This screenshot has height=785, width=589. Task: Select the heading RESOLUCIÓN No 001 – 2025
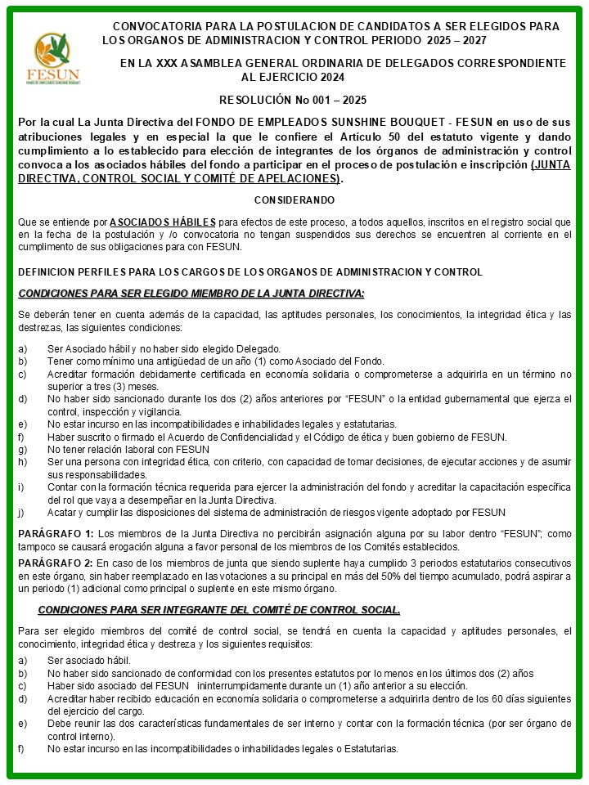293,99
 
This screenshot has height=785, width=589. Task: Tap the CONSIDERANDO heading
294,200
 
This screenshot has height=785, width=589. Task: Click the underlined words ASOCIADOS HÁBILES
163,222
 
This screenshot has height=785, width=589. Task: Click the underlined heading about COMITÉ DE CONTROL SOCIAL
219,610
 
